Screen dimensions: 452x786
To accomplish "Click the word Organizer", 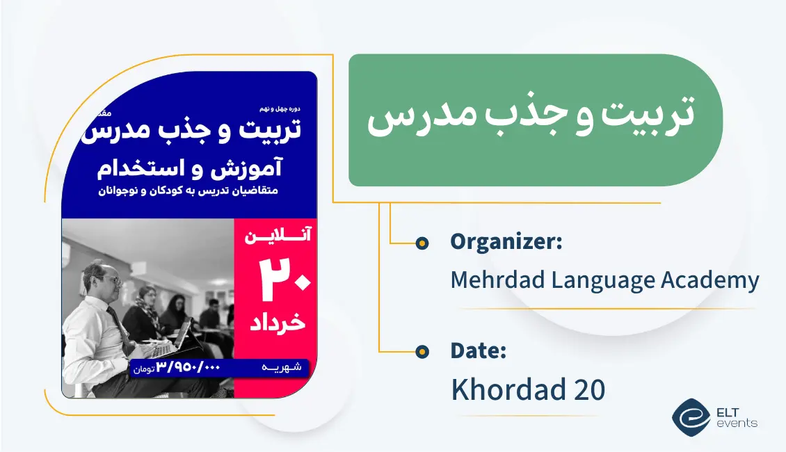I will click(504, 242).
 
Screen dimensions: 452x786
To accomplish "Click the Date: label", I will click(478, 350).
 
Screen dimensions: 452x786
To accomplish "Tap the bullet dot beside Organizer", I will click(422, 243).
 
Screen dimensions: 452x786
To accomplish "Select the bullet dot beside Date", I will click(422, 352).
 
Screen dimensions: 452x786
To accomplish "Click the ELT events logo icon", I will click(691, 417).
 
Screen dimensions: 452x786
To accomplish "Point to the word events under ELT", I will click(739, 423).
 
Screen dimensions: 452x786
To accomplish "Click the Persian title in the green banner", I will click(531, 120).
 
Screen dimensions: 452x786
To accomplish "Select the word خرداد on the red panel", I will click(276, 323).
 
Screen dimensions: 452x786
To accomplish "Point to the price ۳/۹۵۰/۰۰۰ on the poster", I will click(187, 367).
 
